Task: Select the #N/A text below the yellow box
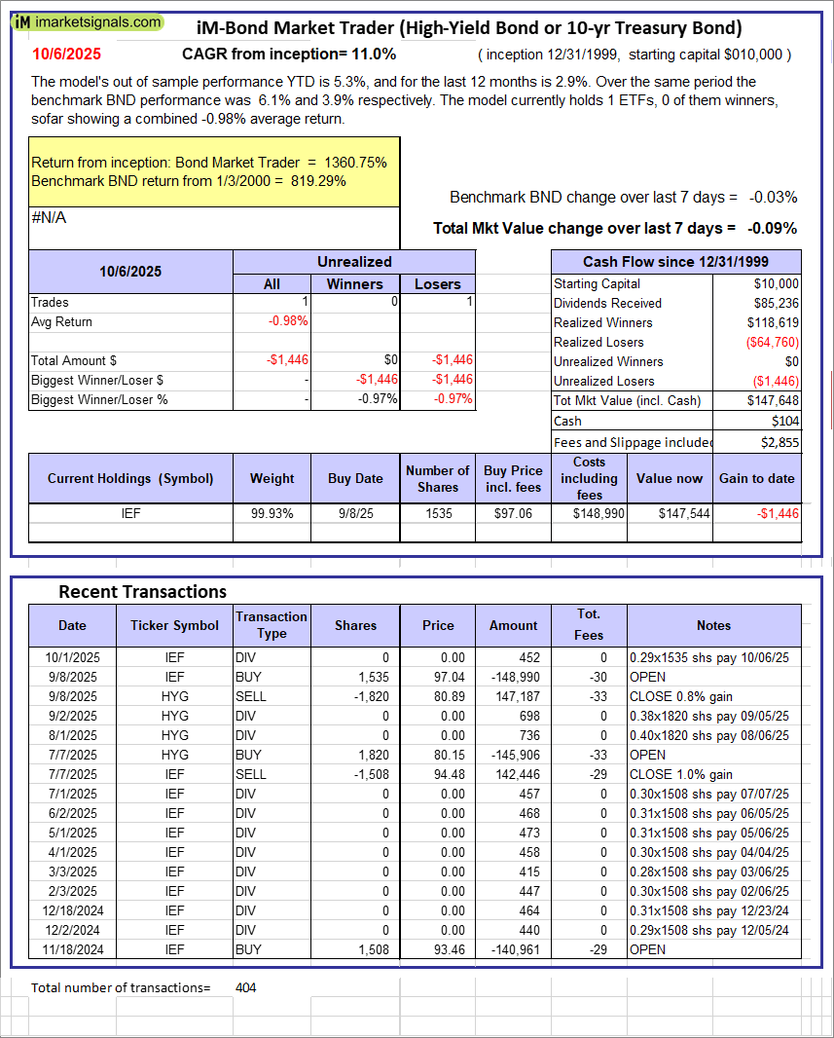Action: tap(49, 218)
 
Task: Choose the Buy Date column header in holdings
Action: tap(355, 478)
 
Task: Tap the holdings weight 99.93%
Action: tap(272, 513)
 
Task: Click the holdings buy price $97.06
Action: tap(513, 513)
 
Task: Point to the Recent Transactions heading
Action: tap(142, 591)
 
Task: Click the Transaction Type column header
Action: tap(271, 625)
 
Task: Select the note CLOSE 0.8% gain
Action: tap(681, 696)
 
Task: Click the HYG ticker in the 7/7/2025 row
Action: tap(174, 755)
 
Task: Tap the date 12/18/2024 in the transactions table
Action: tap(71, 910)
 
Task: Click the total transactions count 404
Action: tap(246, 987)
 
